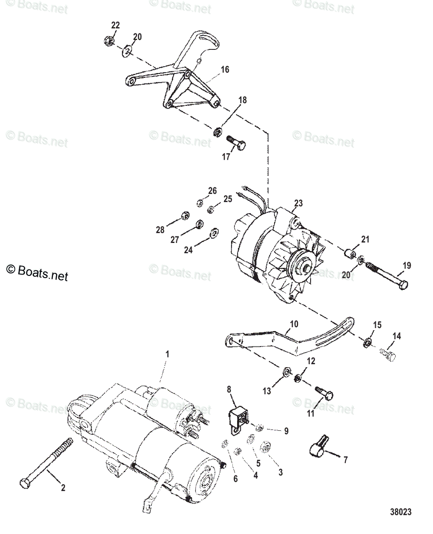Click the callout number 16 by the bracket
point(225,69)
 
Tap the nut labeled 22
point(107,41)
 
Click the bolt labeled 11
point(325,392)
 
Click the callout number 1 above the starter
point(167,355)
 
